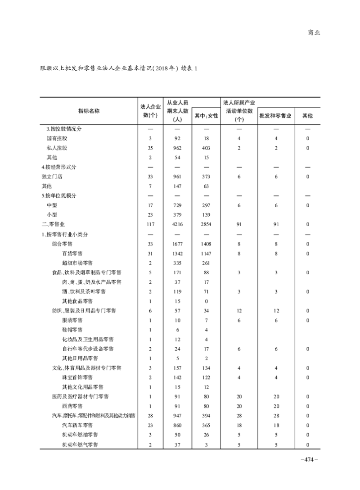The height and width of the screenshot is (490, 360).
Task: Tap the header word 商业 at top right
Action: click(x=314, y=32)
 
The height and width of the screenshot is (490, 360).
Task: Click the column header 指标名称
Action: click(x=89, y=111)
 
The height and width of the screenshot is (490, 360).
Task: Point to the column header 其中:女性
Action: click(x=206, y=116)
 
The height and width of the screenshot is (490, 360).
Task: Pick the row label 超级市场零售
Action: click(x=78, y=263)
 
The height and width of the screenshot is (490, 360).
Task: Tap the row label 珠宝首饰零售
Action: click(x=78, y=377)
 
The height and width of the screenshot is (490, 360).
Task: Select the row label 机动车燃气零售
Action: click(x=80, y=445)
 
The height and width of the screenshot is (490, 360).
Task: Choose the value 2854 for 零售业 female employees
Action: click(x=206, y=224)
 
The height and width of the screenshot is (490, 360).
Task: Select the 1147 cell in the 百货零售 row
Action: click(x=206, y=253)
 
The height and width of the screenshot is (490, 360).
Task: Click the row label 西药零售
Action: click(x=72, y=406)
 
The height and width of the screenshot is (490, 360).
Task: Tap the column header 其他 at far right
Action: click(x=307, y=116)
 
